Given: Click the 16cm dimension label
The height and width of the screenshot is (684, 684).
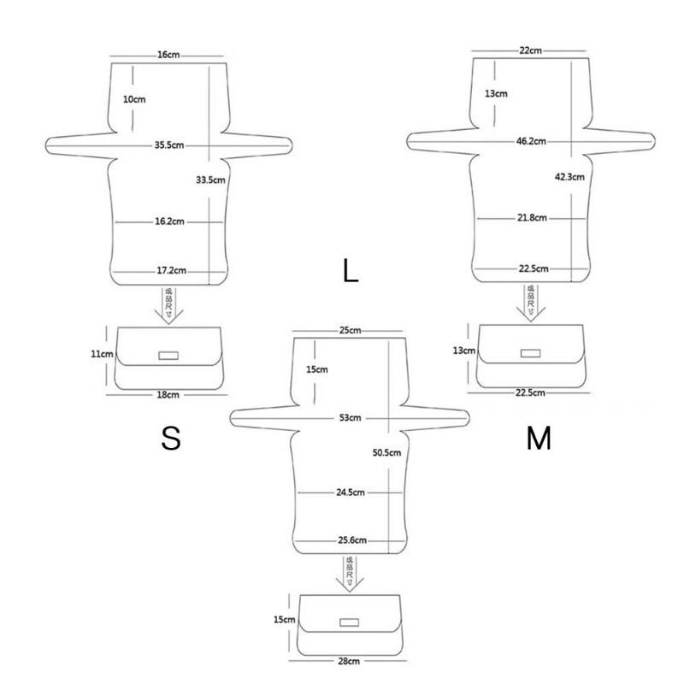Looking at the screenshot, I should [168, 55].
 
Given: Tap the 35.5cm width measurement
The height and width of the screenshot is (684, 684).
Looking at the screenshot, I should [169, 145].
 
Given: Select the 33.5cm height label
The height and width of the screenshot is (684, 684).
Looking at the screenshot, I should [210, 180].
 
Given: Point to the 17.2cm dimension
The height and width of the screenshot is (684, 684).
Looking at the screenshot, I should [171, 272].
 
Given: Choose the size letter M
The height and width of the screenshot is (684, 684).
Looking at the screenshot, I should [539, 439].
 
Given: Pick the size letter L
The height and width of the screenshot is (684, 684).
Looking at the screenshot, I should [350, 272].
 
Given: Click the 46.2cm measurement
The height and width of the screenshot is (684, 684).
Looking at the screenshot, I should [531, 140].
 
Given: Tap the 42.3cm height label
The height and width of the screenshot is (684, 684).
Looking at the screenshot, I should [569, 177].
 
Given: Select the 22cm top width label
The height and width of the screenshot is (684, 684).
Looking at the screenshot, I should [530, 51].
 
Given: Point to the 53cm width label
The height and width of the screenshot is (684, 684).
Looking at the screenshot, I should [351, 418].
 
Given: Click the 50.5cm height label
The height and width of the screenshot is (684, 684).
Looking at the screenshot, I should [386, 452].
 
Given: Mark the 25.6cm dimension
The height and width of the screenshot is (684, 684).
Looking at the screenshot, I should [351, 540].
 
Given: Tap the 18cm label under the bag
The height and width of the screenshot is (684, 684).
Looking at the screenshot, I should [168, 395].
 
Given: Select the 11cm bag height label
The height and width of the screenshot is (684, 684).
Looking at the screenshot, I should [103, 353].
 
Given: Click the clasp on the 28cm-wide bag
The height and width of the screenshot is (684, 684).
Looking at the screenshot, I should [349, 622].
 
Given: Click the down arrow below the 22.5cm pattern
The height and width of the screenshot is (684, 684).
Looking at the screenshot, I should [531, 304].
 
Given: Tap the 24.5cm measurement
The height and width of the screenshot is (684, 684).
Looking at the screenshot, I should [351, 492].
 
